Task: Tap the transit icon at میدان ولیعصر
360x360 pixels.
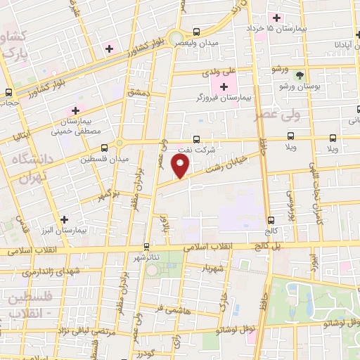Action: pyautogui.click(x=196, y=31)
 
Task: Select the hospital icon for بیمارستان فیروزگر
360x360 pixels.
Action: pyautogui.click(x=224, y=87)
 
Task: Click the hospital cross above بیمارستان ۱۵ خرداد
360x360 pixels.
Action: pyautogui.click(x=277, y=17)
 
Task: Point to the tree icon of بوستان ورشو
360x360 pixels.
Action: pyautogui.click(x=300, y=75)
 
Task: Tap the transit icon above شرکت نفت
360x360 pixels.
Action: pyautogui.click(x=196, y=139)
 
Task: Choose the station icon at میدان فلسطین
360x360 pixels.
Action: pyautogui.click(x=104, y=148)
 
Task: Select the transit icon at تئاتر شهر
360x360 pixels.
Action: pyautogui.click(x=146, y=247)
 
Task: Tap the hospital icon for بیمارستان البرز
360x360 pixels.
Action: pyautogui.click(x=65, y=219)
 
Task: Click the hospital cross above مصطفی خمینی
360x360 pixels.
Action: pyautogui.click(x=75, y=111)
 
